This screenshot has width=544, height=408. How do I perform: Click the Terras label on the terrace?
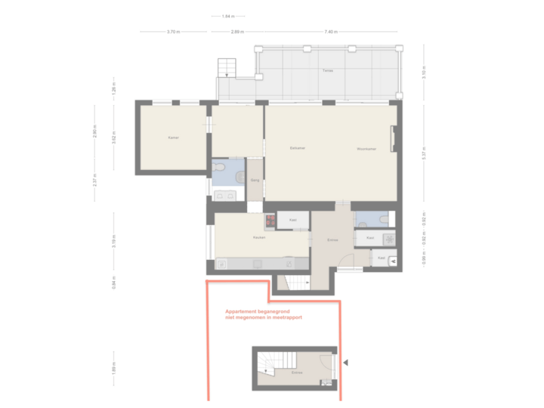pyautogui.click(x=327, y=70)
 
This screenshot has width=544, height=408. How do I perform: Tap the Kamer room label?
pyautogui.click(x=173, y=138)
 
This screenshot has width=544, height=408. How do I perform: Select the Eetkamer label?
pyautogui.click(x=297, y=148)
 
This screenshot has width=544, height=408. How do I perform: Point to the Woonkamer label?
pyautogui.click(x=366, y=149)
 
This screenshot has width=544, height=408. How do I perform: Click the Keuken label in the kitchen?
pyautogui.click(x=259, y=237)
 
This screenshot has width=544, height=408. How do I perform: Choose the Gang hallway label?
pyautogui.click(x=255, y=181)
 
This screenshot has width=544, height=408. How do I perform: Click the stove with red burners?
pyautogui.click(x=270, y=221)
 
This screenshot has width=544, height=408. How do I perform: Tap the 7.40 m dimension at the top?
pyautogui.click(x=330, y=32)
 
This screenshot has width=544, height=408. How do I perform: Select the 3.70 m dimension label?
pyautogui.click(x=172, y=32)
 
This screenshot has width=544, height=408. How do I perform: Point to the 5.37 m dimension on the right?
pyautogui.click(x=425, y=153)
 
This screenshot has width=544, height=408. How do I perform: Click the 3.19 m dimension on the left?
pyautogui.click(x=114, y=242)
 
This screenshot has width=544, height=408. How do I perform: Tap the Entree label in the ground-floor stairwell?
pyautogui.click(x=296, y=373)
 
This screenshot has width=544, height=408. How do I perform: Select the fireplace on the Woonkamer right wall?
pyautogui.click(x=392, y=140)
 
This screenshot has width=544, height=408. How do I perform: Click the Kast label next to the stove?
pyautogui.click(x=292, y=221)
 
